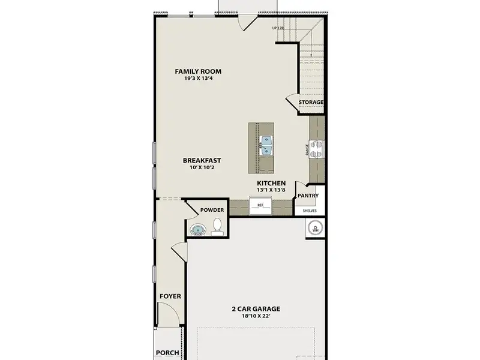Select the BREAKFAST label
click(202, 160)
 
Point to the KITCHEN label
click(271, 183)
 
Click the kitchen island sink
click(266, 143)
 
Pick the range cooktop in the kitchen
click(317, 148)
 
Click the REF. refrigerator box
click(261, 206)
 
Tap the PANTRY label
click(308, 196)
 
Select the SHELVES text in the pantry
click(310, 211)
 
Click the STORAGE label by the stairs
click(311, 103)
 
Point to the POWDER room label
click(212, 210)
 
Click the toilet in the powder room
click(218, 226)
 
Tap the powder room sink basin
click(197, 229)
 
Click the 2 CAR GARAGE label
click(256, 310)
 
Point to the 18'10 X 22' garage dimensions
click(256, 317)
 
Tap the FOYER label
click(170, 296)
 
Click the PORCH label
click(167, 353)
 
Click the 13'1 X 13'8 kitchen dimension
click(271, 190)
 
